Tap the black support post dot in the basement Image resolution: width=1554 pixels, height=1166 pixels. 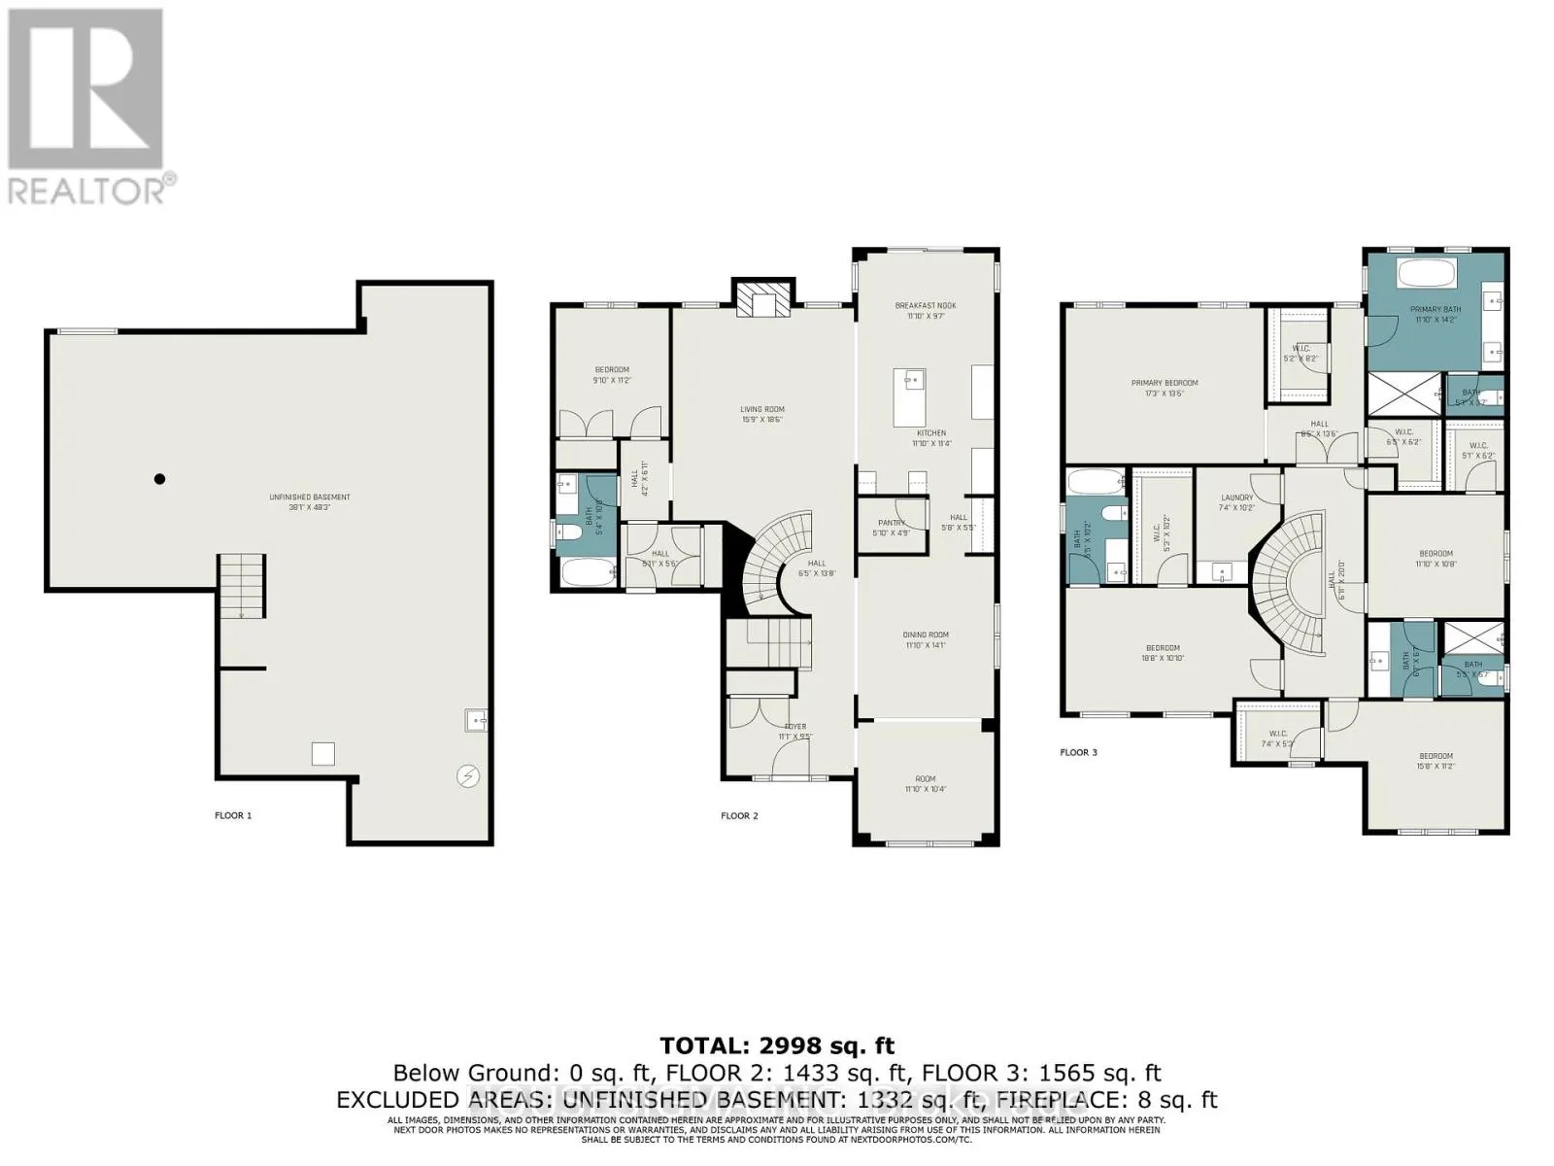(x=160, y=478)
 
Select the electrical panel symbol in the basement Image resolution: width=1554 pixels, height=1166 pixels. (x=469, y=775)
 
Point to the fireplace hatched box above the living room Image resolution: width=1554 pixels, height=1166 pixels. (x=763, y=300)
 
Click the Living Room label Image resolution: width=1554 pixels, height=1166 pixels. (x=761, y=414)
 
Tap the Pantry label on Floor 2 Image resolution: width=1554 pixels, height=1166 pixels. (x=891, y=528)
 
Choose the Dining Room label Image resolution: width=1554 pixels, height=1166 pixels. (x=925, y=639)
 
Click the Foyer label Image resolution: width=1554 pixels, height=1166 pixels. (x=795, y=731)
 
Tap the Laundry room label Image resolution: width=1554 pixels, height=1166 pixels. (x=1236, y=502)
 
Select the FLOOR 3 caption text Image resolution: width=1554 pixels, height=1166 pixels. (x=1078, y=752)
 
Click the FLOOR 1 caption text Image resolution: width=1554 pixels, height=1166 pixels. (x=233, y=815)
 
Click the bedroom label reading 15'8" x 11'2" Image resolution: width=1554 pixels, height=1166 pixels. (x=1436, y=761)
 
